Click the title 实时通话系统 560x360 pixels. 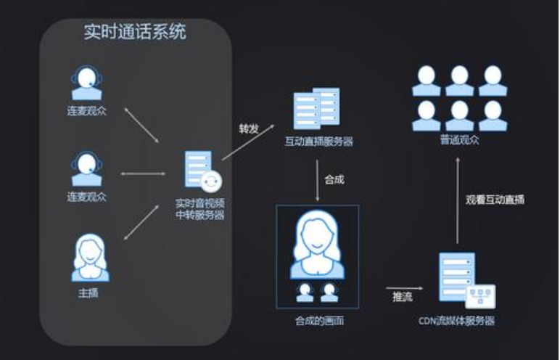(135, 32)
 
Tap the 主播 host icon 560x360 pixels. (91, 258)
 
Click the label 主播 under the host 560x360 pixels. (88, 293)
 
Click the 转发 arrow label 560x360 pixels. (249, 128)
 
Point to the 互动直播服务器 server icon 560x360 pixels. (316, 108)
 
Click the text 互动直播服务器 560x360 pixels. (319, 142)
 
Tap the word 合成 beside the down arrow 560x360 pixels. (334, 179)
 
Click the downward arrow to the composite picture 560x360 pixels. (317, 181)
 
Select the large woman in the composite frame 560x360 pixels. (317, 245)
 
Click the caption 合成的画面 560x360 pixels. (319, 321)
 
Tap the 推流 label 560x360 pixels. (403, 297)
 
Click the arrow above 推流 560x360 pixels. (404, 288)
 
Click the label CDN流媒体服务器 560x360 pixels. (457, 321)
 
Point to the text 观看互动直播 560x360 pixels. (495, 200)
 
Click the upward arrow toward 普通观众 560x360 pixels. (458, 200)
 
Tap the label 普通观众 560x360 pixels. (459, 140)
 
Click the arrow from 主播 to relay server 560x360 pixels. (141, 222)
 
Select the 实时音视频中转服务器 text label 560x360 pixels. (200, 209)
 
